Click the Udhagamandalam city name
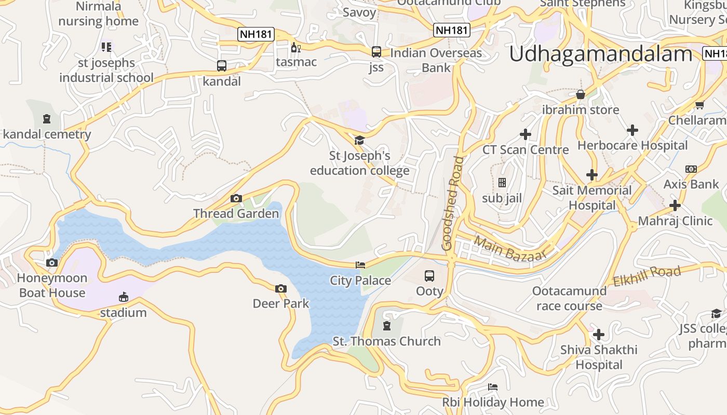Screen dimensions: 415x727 (x=601, y=54)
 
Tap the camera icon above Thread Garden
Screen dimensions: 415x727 (x=236, y=198)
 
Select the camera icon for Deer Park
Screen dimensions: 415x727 (x=281, y=288)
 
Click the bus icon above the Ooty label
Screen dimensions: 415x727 (x=429, y=276)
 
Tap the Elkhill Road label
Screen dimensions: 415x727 (x=647, y=276)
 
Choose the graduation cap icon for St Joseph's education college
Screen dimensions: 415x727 (x=359, y=140)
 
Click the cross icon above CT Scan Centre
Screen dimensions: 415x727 (x=526, y=134)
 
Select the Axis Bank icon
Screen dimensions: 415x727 (x=691, y=169)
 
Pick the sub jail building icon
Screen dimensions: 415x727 (x=502, y=183)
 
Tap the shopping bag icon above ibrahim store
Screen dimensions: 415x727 (x=581, y=94)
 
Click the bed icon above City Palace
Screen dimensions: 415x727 (x=360, y=265)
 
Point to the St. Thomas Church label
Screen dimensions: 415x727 (x=386, y=341)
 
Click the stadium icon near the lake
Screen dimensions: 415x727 (x=123, y=297)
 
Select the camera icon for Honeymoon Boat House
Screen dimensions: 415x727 (x=52, y=262)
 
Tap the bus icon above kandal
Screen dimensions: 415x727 (x=222, y=66)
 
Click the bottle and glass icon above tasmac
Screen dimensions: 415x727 (x=296, y=47)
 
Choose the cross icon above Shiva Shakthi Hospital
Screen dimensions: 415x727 (x=599, y=335)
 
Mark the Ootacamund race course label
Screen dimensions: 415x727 (x=569, y=298)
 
